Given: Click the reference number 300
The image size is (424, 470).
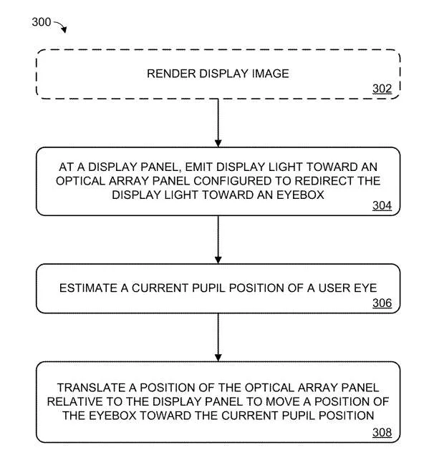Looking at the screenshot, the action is (x=42, y=22).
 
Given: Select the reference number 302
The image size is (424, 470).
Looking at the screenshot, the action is (x=382, y=89).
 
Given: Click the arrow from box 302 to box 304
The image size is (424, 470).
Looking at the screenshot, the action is (x=218, y=123).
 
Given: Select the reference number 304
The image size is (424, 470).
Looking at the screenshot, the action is (x=382, y=205).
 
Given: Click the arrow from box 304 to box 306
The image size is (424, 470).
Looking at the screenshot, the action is (x=218, y=240).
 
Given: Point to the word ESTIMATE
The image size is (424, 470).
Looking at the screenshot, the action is (x=88, y=288).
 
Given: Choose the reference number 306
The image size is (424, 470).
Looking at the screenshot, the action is (x=382, y=303).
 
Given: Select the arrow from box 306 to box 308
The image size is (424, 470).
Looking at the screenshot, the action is (x=218, y=337).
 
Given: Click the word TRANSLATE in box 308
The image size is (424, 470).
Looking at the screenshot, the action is (x=92, y=388).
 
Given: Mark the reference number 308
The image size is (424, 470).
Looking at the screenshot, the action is (x=382, y=432).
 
